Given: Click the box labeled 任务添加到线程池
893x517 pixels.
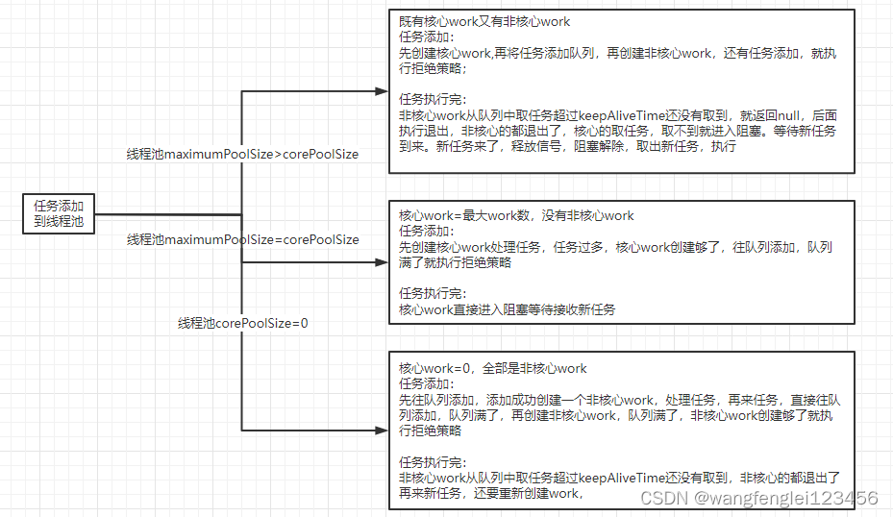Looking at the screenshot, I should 59,214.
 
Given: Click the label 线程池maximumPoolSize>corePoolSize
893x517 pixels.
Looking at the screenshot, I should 242,154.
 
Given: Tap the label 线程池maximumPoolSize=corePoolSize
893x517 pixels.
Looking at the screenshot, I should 242,239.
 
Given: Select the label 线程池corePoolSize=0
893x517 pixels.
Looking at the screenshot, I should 242,323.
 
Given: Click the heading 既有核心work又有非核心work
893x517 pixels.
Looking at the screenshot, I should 484,22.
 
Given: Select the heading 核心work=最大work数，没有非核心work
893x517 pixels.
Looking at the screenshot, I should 516,215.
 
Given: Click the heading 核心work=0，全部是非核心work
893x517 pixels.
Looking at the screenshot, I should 493,368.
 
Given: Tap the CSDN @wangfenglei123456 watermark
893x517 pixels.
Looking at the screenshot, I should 758,498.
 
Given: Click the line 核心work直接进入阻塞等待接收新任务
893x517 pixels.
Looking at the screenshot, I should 507,308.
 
